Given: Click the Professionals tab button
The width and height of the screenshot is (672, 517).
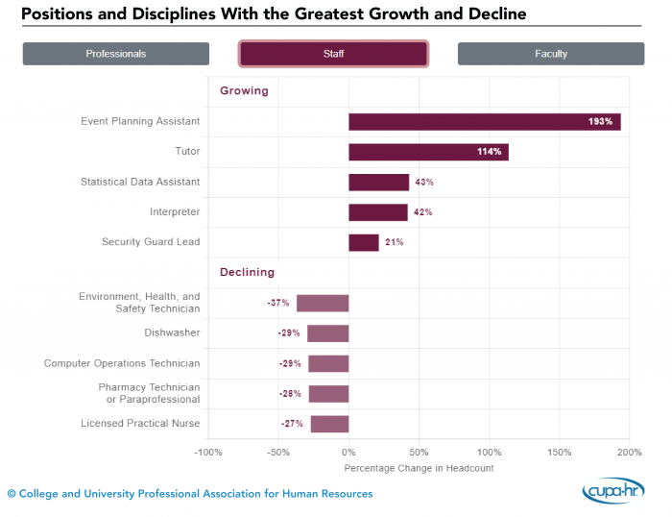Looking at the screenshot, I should coord(115,54).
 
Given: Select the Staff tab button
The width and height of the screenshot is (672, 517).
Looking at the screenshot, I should coord(333,54).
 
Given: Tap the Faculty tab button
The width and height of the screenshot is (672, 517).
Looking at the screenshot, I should coord(551,54).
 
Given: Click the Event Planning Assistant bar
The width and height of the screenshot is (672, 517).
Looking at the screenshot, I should coord(484,122).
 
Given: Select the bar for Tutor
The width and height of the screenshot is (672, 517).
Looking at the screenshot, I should coord(428,152).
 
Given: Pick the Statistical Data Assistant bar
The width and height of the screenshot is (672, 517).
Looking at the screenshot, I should coord(378,183).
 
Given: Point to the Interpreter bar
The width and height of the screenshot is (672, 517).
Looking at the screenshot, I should coord(377,212).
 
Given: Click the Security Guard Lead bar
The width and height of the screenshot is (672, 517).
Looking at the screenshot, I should coord(363,242).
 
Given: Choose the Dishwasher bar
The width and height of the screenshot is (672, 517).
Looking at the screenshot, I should coord(327,333).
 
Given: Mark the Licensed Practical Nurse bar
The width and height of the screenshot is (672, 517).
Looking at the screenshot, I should coord(329,424).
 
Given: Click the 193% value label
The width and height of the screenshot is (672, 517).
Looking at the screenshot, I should coord(600,122).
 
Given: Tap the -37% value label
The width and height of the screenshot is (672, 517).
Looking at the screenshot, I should coord(278,304).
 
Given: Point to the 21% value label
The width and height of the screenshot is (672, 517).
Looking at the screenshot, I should coord(395,242).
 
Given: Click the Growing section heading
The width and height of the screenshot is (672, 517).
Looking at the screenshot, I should coord(244,91).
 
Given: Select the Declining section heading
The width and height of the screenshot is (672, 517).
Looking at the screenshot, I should coord(247,272).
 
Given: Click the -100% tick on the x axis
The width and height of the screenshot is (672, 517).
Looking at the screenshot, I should coord(208,452).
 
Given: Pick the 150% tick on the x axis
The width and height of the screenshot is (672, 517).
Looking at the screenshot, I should coord(559,452).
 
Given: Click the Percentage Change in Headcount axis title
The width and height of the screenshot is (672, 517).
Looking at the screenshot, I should coord(419,468).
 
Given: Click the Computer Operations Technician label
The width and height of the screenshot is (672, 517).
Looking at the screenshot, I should coord(122,363).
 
